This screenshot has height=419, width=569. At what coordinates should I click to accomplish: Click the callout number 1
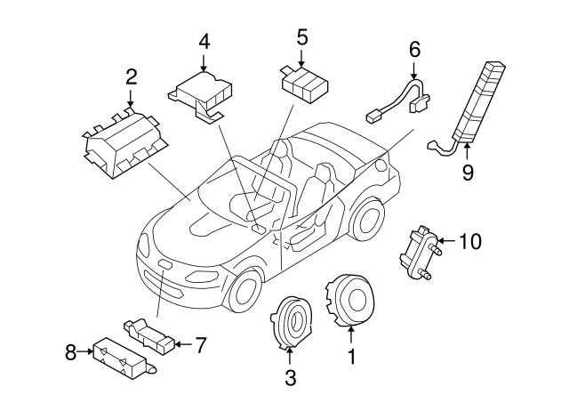(x=350, y=358)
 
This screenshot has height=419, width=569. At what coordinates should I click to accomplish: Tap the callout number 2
(x=131, y=77)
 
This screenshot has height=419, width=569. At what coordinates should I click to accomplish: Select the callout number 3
(x=290, y=377)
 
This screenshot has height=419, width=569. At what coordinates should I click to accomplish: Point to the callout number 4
(x=204, y=41)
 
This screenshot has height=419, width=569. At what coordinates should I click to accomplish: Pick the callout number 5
(x=301, y=37)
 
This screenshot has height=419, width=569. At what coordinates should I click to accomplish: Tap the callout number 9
(x=467, y=172)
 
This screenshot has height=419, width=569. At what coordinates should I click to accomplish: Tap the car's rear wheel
(x=366, y=217)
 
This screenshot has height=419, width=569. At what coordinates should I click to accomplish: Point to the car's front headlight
(x=151, y=246)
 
